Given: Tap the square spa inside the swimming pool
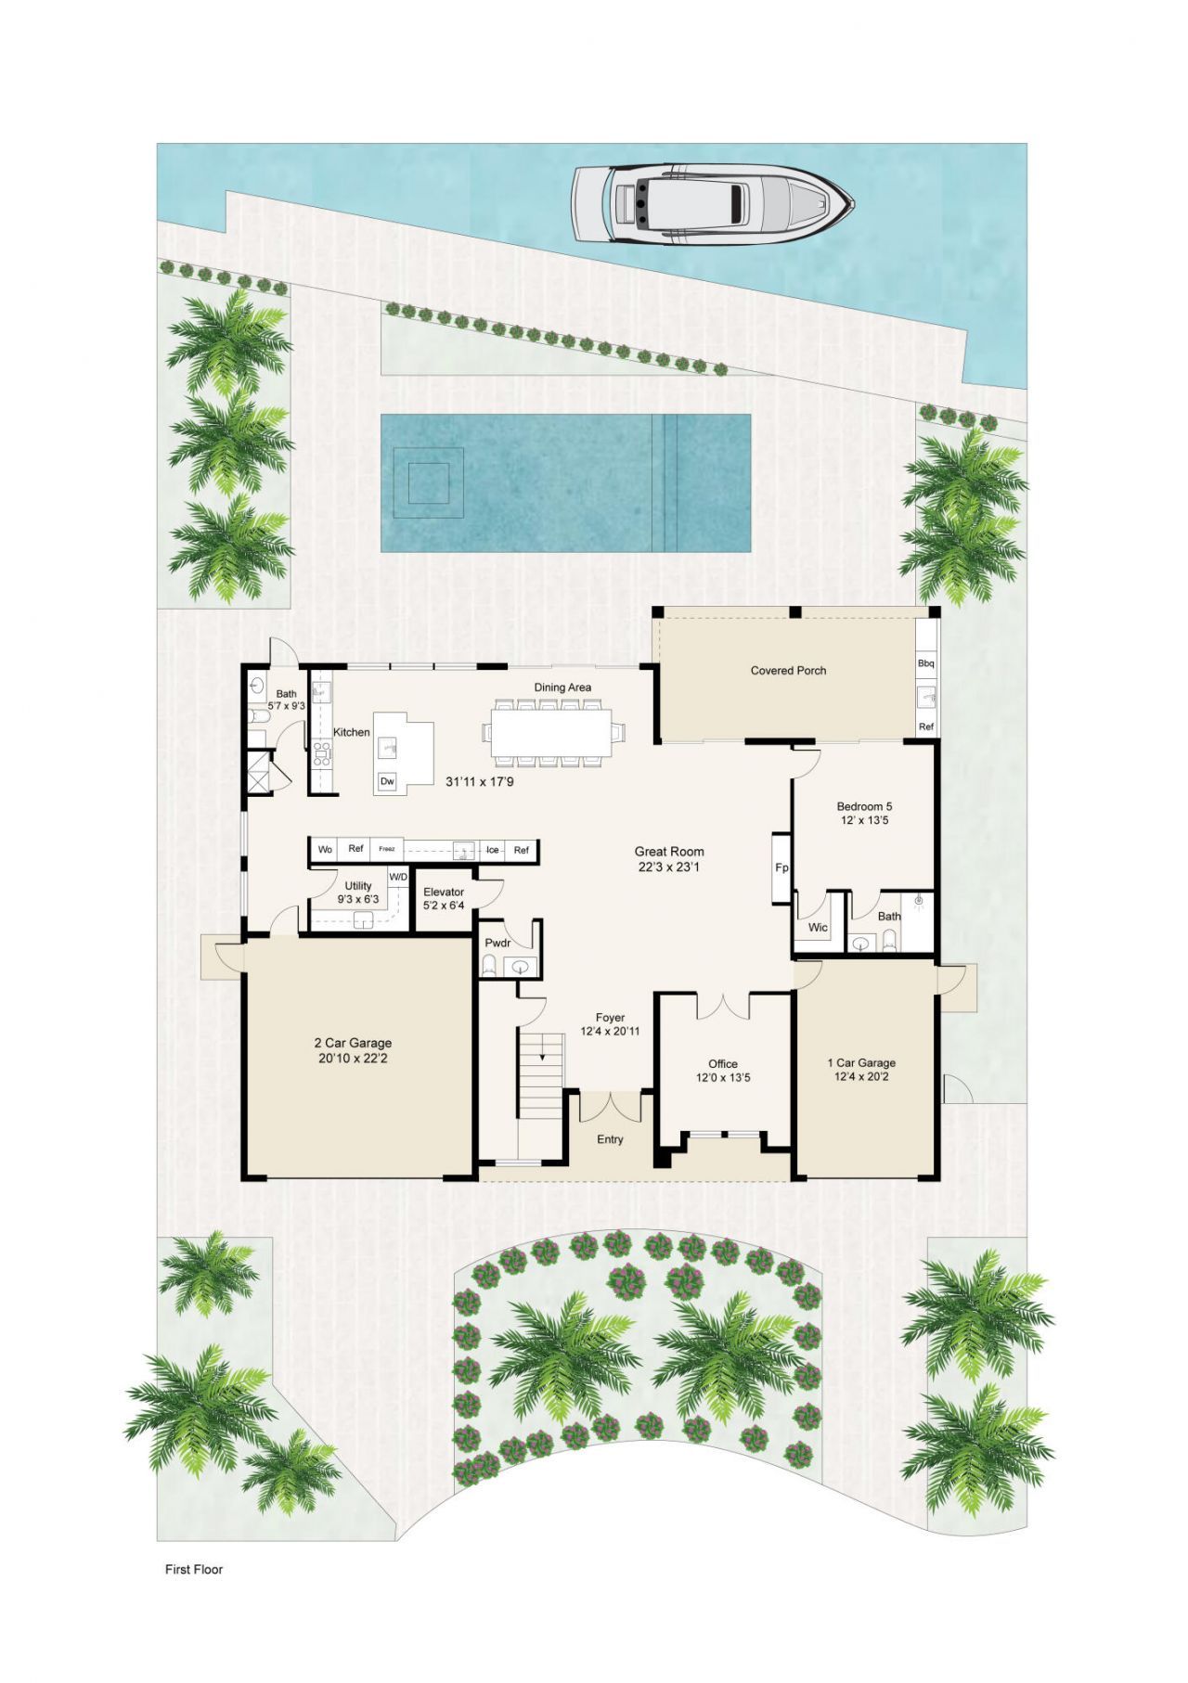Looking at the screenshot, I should tap(428, 482).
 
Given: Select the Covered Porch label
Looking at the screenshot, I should tap(788, 670).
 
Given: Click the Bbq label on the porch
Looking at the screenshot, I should tap(925, 663).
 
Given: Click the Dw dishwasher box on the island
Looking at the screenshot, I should tap(387, 781).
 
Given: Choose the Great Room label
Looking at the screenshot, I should tap(669, 851).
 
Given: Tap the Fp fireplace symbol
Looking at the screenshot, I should tap(781, 867).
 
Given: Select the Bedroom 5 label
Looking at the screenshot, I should tap(864, 806).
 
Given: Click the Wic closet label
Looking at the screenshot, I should tap(818, 927).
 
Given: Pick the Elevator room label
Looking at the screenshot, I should tap(444, 892).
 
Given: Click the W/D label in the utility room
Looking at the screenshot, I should tap(397, 876).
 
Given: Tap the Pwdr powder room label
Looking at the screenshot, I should tap(497, 944).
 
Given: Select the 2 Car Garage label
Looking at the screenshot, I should tap(353, 1043).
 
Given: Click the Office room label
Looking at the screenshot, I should tap(723, 1064).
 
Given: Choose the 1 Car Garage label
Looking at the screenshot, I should tap(861, 1063).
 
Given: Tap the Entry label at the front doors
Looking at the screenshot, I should tap(610, 1139).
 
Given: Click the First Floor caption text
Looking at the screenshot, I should tap(194, 1570).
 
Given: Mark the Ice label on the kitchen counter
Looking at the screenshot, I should tap(492, 849).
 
